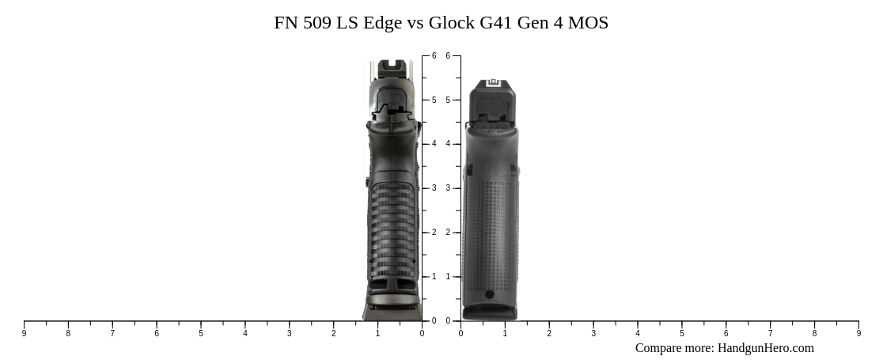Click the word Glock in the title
click(453, 23)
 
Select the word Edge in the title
click(382, 23)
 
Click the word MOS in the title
click(588, 23)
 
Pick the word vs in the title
click(415, 23)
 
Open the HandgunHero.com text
click(765, 348)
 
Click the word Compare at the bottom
click(660, 348)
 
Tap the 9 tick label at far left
click(24, 334)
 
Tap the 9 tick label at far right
click(858, 334)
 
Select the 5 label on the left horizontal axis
click(201, 334)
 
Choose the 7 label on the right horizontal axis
click(770, 334)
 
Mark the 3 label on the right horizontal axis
click(593, 334)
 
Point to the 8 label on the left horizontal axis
click(68, 334)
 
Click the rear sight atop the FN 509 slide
click(390, 67)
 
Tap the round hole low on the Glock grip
click(489, 295)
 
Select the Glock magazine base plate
click(490, 313)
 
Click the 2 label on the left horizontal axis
click(333, 334)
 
